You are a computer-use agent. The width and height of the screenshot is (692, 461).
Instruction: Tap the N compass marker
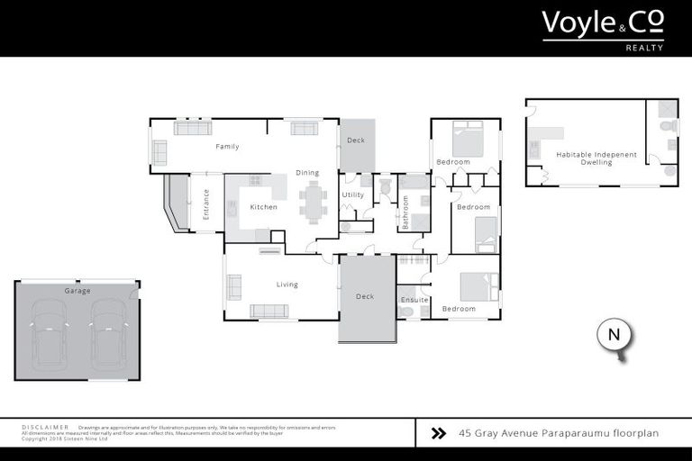615,336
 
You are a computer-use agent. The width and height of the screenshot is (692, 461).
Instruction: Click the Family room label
227,146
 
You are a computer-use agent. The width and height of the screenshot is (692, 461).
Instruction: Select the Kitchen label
263,207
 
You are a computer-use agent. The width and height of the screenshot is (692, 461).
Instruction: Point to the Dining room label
307,173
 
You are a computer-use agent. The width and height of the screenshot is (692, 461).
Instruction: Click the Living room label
287,285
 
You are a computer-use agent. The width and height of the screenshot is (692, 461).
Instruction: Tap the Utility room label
352,194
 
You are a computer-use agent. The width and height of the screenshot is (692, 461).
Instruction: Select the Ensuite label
414,299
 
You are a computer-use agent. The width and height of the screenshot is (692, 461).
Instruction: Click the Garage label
77,291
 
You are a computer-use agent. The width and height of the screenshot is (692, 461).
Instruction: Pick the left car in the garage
49,333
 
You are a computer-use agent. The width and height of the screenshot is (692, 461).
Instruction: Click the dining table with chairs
314,202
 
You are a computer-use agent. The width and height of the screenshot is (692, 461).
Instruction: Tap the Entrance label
205,204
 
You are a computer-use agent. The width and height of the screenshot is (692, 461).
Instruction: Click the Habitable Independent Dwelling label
596,158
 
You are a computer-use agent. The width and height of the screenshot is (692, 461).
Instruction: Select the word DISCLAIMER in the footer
44,428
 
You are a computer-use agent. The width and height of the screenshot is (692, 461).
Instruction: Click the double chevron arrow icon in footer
439,433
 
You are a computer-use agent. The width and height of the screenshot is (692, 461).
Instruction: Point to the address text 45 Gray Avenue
559,433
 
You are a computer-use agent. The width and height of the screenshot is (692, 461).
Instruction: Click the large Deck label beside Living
365,296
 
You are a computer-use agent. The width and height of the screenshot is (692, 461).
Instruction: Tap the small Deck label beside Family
355,140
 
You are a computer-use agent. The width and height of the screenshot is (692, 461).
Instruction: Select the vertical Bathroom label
405,212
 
